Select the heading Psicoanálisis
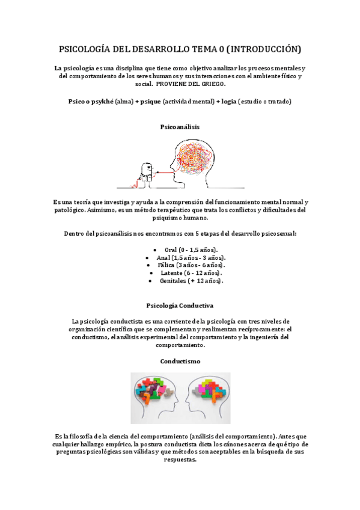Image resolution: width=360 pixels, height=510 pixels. (x=180, y=127)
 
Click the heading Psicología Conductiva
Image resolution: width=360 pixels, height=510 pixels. (x=180, y=306)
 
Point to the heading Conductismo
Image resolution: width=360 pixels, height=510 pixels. (x=180, y=361)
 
